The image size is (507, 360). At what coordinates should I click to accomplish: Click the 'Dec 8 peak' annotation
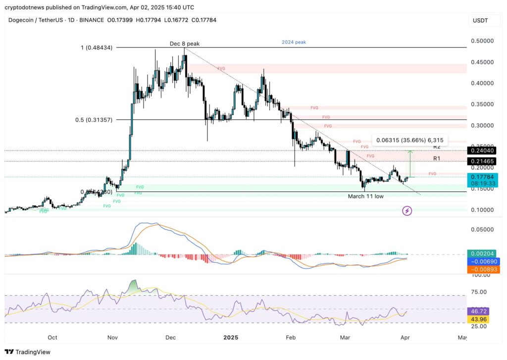(184, 44)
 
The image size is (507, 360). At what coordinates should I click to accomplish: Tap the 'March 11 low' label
(365, 197)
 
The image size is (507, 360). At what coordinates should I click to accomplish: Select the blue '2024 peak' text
(294, 43)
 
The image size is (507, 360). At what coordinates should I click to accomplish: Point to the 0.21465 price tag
(482, 161)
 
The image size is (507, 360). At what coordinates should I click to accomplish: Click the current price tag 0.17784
(482, 176)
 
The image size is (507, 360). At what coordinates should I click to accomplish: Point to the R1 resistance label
(437, 158)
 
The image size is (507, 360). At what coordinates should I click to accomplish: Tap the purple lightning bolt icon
(407, 211)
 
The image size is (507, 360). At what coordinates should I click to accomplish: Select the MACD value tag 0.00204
(482, 253)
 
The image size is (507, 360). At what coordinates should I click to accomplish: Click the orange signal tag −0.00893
(482, 269)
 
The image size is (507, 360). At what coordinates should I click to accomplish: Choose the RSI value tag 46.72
(482, 311)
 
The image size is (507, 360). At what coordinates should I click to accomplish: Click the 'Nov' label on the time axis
(112, 338)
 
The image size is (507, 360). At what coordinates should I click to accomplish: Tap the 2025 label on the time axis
(231, 338)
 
